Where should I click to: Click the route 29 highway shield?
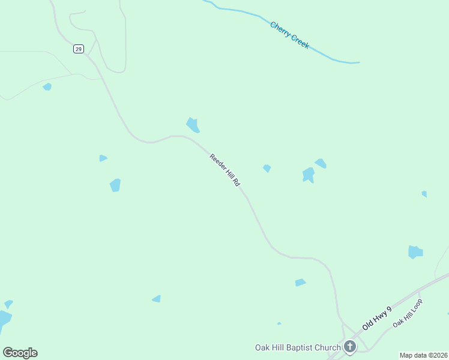coord(79,49)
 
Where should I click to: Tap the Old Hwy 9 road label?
coord(377,319)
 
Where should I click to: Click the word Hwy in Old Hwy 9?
coord(379,317)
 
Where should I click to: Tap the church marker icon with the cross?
coord(350,346)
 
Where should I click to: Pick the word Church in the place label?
coord(329,347)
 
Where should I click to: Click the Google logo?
coord(20,353)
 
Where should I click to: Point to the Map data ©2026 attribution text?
coord(423,355)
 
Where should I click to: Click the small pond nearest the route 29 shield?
coord(47,87)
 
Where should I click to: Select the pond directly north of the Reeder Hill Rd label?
coord(193,125)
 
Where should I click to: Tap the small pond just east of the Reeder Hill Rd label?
coord(267,169)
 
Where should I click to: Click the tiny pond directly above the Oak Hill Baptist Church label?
coord(279,323)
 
